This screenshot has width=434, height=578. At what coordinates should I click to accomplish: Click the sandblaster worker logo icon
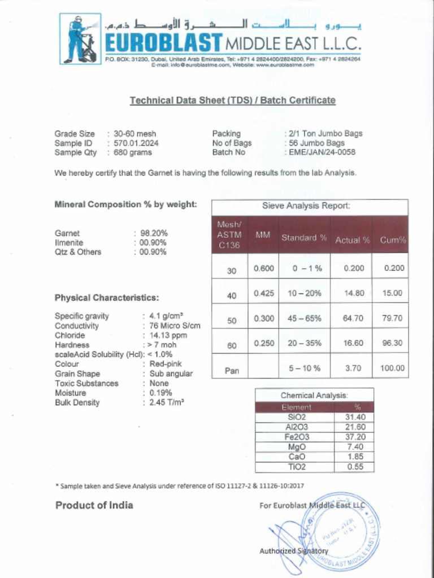click(x=80, y=38)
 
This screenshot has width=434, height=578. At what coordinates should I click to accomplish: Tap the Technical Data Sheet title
click(x=232, y=100)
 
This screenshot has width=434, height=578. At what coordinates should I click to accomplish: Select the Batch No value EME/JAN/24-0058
click(x=322, y=152)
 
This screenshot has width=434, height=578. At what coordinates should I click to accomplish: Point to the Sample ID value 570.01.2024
click(x=136, y=143)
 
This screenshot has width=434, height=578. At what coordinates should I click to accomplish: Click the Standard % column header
click(x=304, y=238)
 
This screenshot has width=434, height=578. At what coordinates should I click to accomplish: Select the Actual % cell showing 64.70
click(x=353, y=318)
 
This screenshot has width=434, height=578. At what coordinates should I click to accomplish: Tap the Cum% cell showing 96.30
click(x=392, y=343)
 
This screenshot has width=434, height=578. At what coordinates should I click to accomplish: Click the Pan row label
click(x=232, y=371)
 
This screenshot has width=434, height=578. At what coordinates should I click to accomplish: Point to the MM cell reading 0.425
click(x=264, y=293)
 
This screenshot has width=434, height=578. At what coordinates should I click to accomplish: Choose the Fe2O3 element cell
click(x=297, y=437)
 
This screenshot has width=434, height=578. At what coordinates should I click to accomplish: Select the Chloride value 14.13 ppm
click(x=168, y=335)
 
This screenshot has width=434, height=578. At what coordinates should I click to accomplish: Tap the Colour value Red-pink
click(x=166, y=364)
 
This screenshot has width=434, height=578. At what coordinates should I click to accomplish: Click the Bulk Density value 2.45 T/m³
click(x=167, y=402)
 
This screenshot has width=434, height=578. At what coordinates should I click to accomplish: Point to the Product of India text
click(x=94, y=505)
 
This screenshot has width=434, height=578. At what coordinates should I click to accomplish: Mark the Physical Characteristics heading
click(x=107, y=297)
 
